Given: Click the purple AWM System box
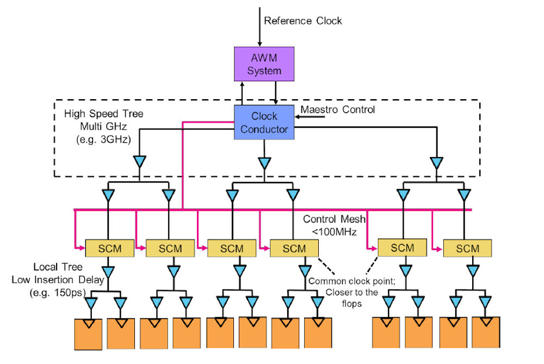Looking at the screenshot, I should point(264,64).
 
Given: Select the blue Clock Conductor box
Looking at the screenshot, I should point(264,123).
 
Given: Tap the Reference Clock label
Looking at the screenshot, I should point(302,21).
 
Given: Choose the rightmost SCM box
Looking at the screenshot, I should point(467,248).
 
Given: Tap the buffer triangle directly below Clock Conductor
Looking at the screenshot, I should point(264,162).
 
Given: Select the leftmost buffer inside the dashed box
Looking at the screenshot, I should point(139,162).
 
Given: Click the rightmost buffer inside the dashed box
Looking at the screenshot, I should point(437,162).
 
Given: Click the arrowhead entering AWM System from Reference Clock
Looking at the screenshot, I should point(260,43).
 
